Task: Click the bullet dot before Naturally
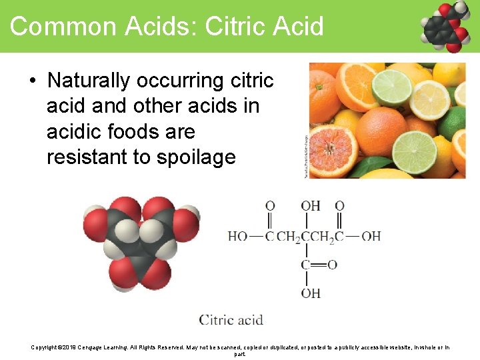(x=32, y=81)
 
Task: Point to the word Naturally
(x=89, y=81)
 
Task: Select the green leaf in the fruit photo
(x=366, y=167)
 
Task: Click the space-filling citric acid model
(x=139, y=241)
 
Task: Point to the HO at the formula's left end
(x=237, y=237)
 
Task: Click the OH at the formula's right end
(x=371, y=237)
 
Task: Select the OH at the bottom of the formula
(x=310, y=293)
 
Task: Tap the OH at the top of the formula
(x=310, y=206)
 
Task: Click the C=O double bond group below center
(x=319, y=265)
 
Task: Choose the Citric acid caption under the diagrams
(x=231, y=319)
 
